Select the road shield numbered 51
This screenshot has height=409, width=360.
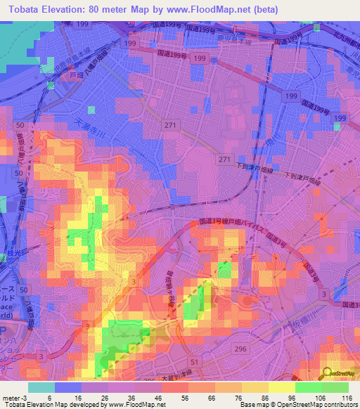click(x=193, y=361)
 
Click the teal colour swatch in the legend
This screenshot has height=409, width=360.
click(x=41, y=387)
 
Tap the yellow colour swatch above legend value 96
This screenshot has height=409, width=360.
click(x=282, y=387)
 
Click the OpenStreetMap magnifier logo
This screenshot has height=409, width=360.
click(x=326, y=373)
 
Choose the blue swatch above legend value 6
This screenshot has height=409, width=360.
click(x=68, y=387)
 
